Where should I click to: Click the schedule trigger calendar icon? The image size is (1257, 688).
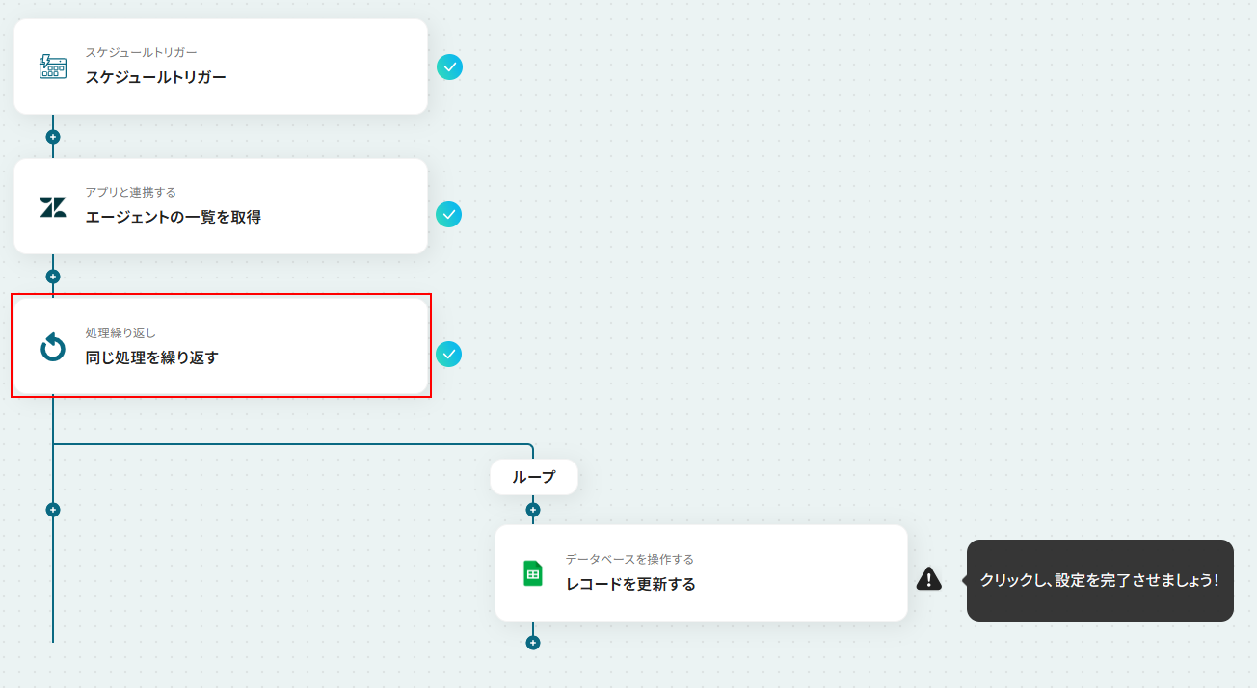tap(53, 66)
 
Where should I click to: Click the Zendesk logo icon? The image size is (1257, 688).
tap(53, 207)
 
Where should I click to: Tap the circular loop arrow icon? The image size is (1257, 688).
tap(53, 347)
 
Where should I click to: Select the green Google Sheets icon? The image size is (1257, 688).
tap(532, 573)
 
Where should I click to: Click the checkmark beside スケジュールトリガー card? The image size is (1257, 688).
tap(449, 67)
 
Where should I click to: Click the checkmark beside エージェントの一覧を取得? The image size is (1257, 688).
tap(449, 214)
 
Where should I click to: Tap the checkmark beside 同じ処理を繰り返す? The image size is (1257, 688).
tap(449, 355)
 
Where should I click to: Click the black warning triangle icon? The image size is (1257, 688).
tap(928, 579)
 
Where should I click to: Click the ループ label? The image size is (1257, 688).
tap(534, 477)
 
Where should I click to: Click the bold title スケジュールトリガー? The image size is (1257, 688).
tap(155, 77)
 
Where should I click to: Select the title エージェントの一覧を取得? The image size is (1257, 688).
tap(173, 217)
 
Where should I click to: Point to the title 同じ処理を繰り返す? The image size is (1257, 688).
tap(151, 357)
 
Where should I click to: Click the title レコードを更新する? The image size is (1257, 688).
tap(630, 584)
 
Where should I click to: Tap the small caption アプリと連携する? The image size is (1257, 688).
tap(131, 193)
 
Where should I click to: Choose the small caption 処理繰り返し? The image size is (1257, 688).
tap(120, 332)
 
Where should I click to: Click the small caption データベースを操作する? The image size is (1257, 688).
tap(629, 559)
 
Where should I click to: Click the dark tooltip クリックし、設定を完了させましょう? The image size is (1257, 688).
tap(1100, 580)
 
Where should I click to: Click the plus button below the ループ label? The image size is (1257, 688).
tap(533, 510)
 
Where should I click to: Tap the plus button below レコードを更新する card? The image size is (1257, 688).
tap(533, 643)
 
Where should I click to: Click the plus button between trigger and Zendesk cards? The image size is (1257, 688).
tap(53, 137)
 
